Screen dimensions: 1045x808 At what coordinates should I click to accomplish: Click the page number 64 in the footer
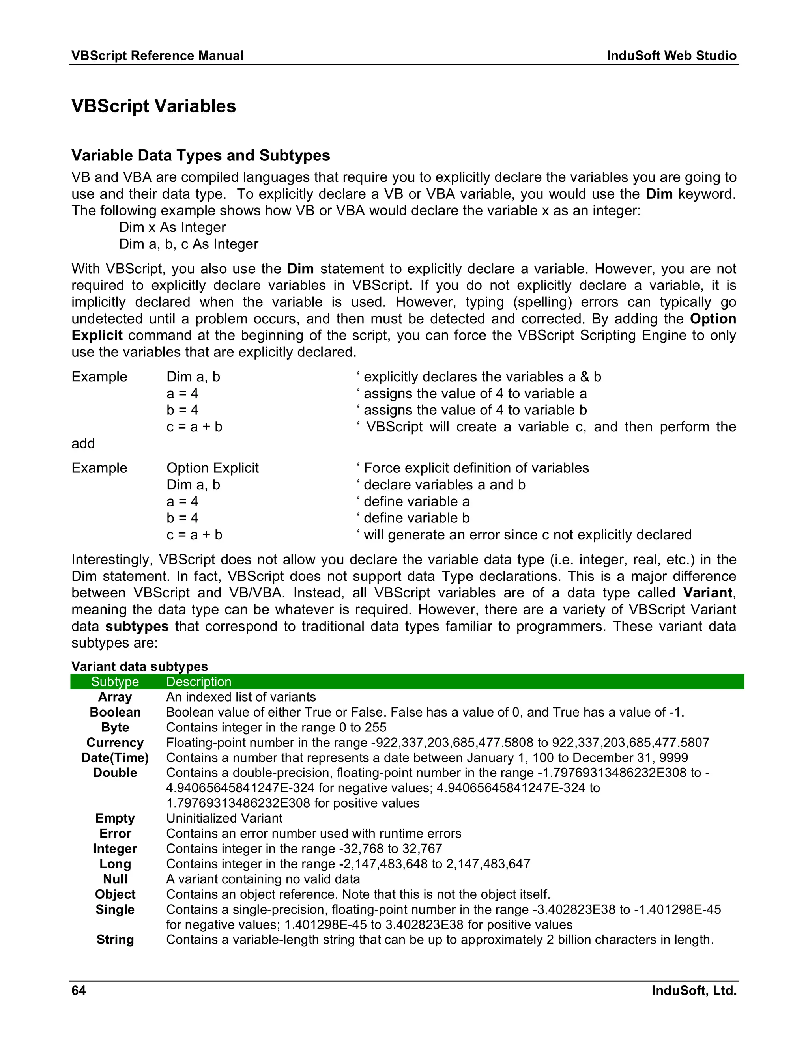[x=79, y=990]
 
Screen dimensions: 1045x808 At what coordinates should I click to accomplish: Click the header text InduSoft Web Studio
[x=671, y=56]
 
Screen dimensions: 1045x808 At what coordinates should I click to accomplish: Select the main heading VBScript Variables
[x=153, y=106]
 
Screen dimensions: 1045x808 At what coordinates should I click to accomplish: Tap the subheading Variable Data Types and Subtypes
[x=200, y=155]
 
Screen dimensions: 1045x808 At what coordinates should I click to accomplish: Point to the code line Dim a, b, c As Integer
[x=189, y=244]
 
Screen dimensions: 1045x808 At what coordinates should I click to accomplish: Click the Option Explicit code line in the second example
[x=213, y=468]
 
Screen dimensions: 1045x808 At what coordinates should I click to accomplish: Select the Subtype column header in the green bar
[x=115, y=682]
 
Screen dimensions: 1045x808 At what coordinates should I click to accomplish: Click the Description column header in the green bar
[x=199, y=682]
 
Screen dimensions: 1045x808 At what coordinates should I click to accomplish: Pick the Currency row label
[x=115, y=743]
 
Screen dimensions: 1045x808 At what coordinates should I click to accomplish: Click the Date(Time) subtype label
[x=115, y=758]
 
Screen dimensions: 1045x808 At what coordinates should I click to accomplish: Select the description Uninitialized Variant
[x=224, y=818]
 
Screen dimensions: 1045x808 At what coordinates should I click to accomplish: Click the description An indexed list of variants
[x=241, y=697]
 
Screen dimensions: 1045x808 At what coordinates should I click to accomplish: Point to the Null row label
[x=115, y=879]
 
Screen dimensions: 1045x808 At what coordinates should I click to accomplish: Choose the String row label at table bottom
[x=115, y=940]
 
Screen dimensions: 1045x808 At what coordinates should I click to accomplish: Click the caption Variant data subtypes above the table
[x=139, y=666]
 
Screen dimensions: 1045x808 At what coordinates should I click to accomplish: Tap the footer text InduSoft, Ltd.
[x=694, y=990]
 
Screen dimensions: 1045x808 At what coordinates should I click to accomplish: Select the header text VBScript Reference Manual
[x=157, y=56]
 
